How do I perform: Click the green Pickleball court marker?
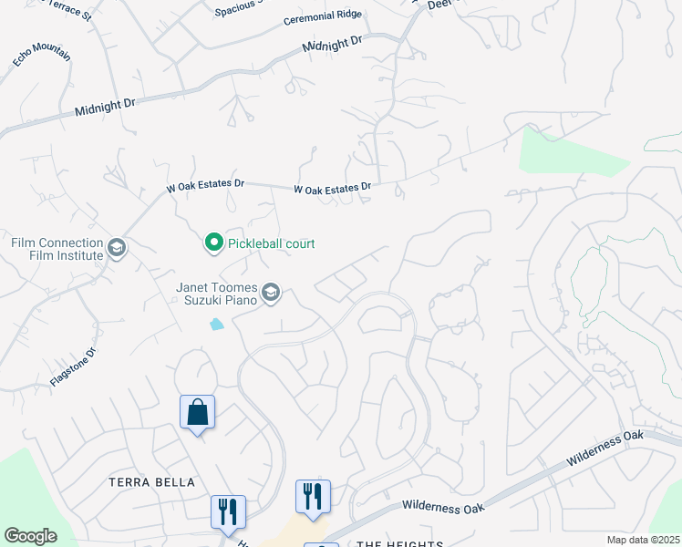213,243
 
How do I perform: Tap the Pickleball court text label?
271,243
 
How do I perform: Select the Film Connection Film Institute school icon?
116,248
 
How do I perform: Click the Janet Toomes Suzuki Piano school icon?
271,292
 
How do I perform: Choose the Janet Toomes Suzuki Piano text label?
218,292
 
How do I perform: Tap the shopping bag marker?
197,414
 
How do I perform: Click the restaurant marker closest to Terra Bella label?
224,511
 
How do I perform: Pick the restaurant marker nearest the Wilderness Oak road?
313,498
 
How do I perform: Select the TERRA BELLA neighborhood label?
151,482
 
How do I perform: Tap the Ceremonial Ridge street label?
323,17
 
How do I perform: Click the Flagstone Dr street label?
73,366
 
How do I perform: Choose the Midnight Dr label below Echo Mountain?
105,108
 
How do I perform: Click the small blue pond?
216,324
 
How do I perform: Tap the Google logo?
30,536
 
